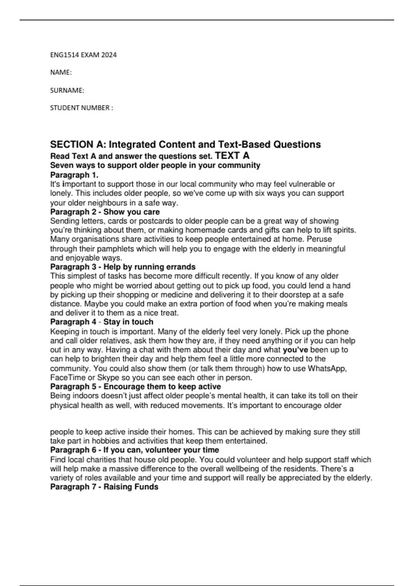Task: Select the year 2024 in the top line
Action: tap(109, 55)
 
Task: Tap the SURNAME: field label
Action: tap(67, 90)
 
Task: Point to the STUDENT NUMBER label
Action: tap(81, 108)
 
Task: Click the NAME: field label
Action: tap(61, 72)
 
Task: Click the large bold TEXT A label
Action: tap(232, 155)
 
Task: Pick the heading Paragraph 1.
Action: tap(74, 175)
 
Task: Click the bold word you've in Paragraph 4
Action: tap(295, 350)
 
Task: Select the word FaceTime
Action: tap(68, 377)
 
